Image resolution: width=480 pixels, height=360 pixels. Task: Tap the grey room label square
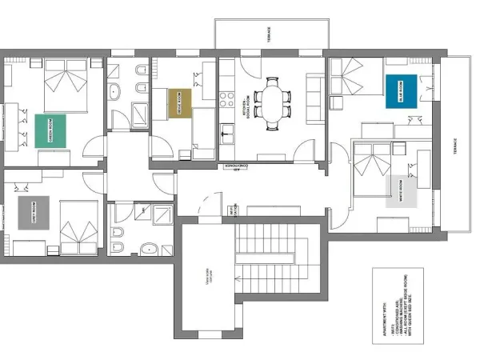[34, 212]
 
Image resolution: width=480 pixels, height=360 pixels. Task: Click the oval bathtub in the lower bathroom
[150, 249]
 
